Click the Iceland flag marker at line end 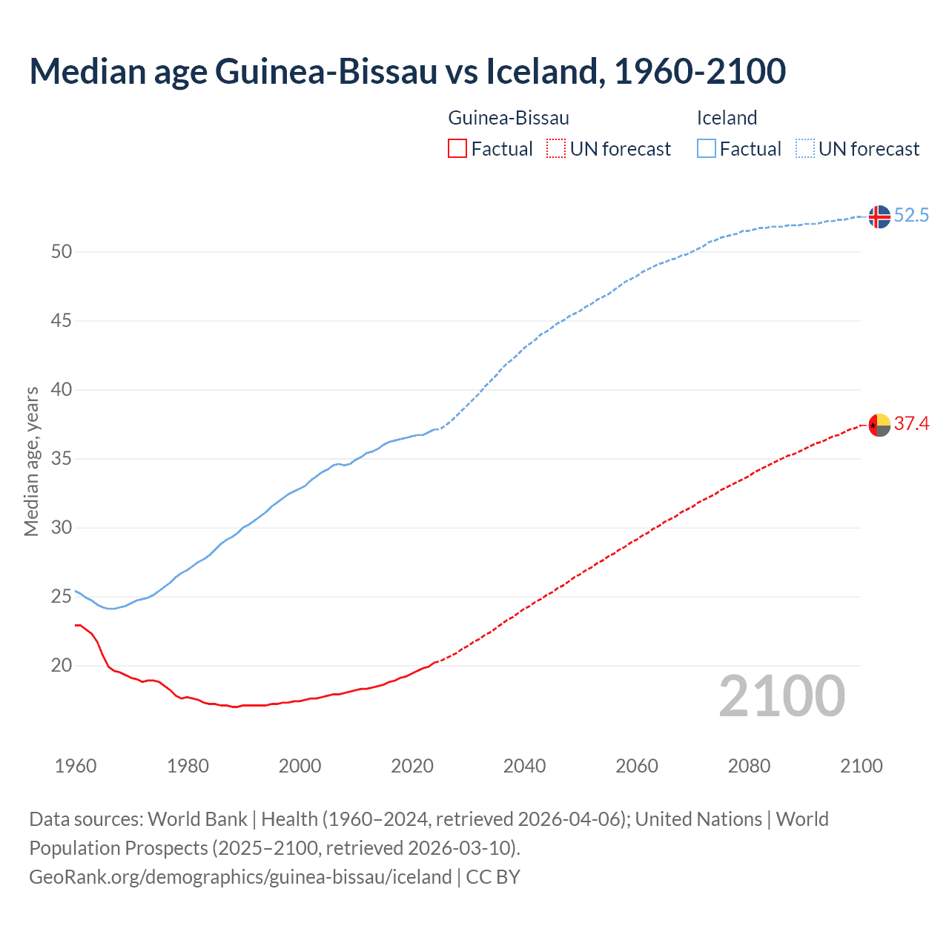click(879, 216)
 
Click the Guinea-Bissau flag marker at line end click(879, 425)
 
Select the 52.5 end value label click(911, 216)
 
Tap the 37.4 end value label click(911, 424)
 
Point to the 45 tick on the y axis click(62, 321)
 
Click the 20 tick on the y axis click(62, 666)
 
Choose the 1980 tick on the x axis click(188, 766)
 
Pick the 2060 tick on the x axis click(637, 766)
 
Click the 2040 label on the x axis click(524, 766)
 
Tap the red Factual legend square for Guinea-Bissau click(457, 149)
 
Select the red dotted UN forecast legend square click(556, 149)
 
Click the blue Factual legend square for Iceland click(706, 149)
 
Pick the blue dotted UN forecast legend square click(804, 149)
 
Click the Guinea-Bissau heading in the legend click(509, 118)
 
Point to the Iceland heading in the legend click(727, 118)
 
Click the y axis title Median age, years click(31, 461)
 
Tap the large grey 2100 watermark click(781, 695)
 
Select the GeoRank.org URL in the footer click(240, 877)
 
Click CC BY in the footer click(493, 877)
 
